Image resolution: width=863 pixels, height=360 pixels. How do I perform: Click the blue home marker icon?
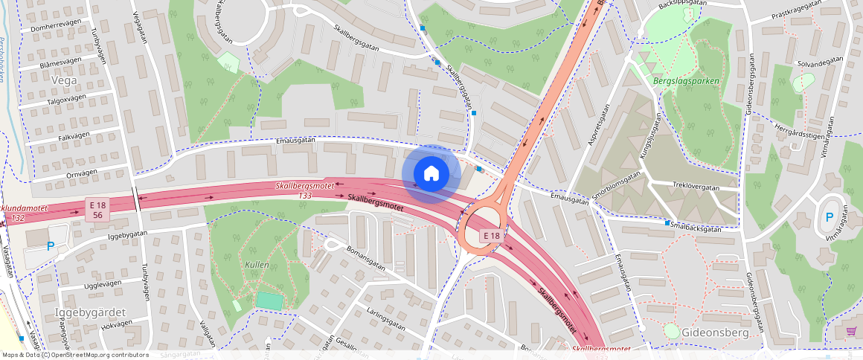pos(431,174)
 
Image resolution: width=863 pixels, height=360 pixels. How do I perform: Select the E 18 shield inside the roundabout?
pos(490,236)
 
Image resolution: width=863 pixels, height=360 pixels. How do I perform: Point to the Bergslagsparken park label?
pos(681,80)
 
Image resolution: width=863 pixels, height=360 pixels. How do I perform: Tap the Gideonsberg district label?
pos(714,332)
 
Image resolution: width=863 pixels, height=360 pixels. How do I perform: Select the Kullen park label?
pos(257,265)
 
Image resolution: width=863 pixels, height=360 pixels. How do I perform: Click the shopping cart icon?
pos(851,331)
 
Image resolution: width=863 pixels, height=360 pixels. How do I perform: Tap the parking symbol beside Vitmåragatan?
pos(829,219)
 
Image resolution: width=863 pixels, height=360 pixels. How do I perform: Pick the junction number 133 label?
pos(304,195)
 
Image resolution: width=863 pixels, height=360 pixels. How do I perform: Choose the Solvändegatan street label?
pos(820,63)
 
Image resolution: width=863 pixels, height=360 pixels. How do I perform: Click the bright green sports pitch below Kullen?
pos(269,300)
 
